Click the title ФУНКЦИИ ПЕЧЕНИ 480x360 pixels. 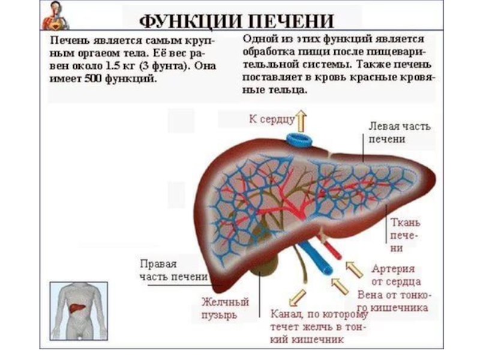click(236, 20)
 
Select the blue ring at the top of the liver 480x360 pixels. click(299, 142)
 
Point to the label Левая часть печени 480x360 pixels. click(398, 133)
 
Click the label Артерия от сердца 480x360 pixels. click(395, 275)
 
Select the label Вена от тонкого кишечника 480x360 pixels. click(392, 301)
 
